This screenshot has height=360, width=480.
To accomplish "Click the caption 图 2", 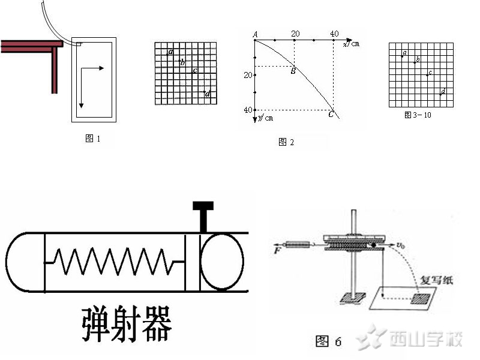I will coord(286,142).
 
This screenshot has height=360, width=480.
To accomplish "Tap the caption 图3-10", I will coord(418,115).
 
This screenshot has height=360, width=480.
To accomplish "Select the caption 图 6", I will coord(328,341).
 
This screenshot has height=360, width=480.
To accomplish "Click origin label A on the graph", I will coord(255,35).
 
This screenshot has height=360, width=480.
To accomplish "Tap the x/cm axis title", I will coord(351,44).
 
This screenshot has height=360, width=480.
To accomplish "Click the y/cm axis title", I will coord(265,118).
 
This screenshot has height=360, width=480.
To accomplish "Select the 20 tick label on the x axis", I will coord(295,34).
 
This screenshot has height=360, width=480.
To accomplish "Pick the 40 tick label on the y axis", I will coord(248,110).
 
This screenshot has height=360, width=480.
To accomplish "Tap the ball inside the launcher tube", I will coord(221,262).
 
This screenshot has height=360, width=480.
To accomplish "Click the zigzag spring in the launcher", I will coord(114,262).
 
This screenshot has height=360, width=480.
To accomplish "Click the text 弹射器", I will coord(127,325).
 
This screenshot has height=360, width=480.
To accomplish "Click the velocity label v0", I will coord(399,245).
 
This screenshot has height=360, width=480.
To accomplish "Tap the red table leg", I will coord(54,70).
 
